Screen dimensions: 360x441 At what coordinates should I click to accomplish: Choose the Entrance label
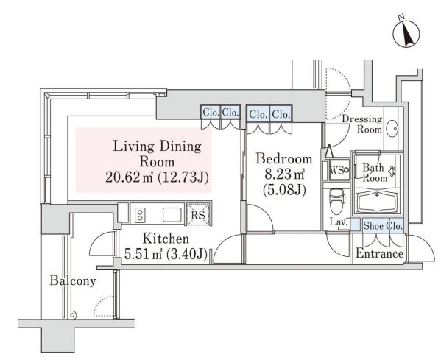(379, 254)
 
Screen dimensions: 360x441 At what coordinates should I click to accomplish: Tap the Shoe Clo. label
(382, 225)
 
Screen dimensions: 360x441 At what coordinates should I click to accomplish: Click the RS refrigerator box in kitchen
(197, 215)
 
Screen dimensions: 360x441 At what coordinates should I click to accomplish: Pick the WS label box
(338, 171)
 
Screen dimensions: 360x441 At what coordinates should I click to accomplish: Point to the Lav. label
(338, 222)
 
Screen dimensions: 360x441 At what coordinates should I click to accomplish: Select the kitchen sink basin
(172, 214)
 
